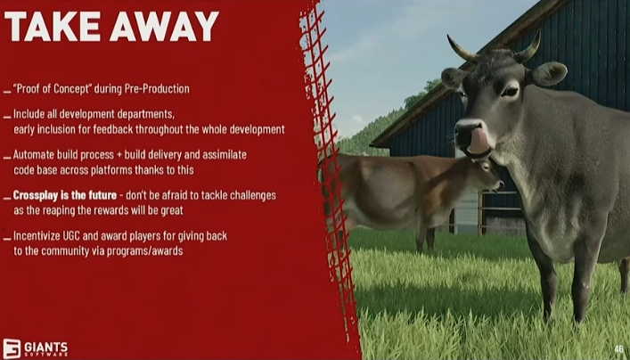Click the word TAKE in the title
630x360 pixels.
coord(53,27)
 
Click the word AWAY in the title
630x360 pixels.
coord(164,27)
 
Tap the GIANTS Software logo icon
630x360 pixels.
coord(12,348)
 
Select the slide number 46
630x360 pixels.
coord(618,348)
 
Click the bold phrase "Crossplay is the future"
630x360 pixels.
coord(65,195)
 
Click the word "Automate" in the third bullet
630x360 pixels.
coord(34,155)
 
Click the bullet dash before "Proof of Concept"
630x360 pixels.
coord(7,92)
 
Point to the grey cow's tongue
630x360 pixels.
coord(479,142)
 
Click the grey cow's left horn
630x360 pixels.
coord(462,49)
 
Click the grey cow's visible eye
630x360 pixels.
coord(510,91)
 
